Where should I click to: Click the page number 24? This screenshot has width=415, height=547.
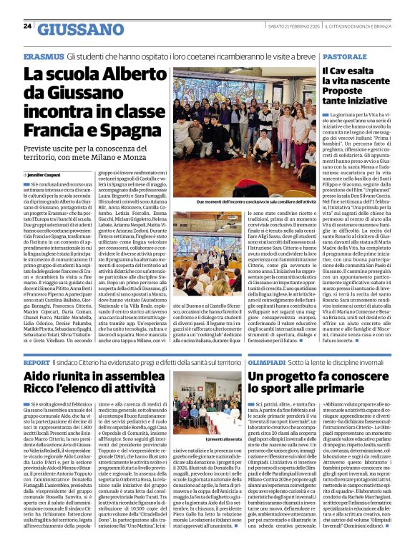(x=27, y=26)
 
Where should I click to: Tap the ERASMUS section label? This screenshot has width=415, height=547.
(x=42, y=55)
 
